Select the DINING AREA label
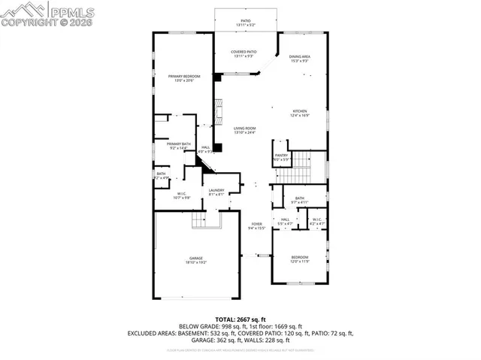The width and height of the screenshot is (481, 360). click(x=300, y=57)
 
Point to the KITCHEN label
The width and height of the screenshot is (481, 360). click(x=300, y=111)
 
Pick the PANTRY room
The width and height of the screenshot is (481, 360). click(x=280, y=156)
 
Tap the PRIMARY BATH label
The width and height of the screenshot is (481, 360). click(x=179, y=144)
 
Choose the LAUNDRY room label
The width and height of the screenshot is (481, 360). click(x=217, y=191)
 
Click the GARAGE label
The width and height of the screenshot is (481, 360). click(x=196, y=258)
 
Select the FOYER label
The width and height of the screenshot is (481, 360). click(x=257, y=224)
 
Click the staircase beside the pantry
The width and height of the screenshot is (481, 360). click(x=301, y=165)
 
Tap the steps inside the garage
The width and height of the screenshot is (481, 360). click(x=200, y=220)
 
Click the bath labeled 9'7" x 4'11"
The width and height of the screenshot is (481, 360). click(x=299, y=199)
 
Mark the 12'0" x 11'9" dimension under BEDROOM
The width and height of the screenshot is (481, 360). click(x=299, y=261)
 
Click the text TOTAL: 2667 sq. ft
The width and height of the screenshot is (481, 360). click(x=240, y=319)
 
